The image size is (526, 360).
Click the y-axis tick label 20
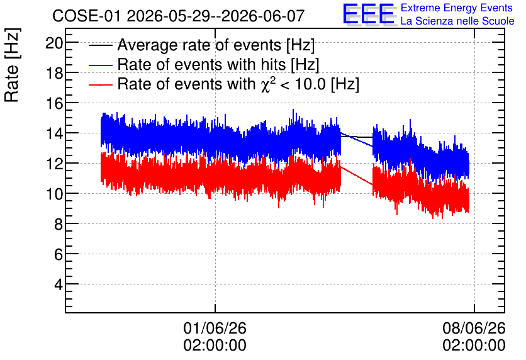[x=54, y=43]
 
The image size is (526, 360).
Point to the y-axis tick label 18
[x=54, y=73]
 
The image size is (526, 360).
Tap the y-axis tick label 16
[x=54, y=103]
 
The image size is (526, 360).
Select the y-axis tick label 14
[x=54, y=133]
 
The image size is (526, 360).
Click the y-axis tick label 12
[x=54, y=164]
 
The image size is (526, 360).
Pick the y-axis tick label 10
[x=54, y=194]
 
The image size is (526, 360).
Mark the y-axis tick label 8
[x=58, y=224]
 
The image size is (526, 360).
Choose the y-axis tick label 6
[x=58, y=254]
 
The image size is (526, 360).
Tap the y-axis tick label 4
[x=58, y=284]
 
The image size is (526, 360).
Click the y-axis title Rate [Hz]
[x=12, y=65]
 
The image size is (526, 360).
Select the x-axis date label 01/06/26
[x=215, y=328]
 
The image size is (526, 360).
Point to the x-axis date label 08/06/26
[x=474, y=328]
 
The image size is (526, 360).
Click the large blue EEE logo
[x=369, y=14]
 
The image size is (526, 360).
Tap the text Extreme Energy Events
[x=457, y=8]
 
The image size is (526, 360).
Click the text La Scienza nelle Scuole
[x=457, y=21]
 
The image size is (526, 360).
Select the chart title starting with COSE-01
[x=179, y=16]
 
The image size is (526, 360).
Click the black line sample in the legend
[x=100, y=45]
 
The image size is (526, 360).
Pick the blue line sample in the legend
[x=100, y=65]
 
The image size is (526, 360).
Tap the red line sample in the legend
[x=100, y=84]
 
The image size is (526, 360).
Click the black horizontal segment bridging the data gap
[x=357, y=137]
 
